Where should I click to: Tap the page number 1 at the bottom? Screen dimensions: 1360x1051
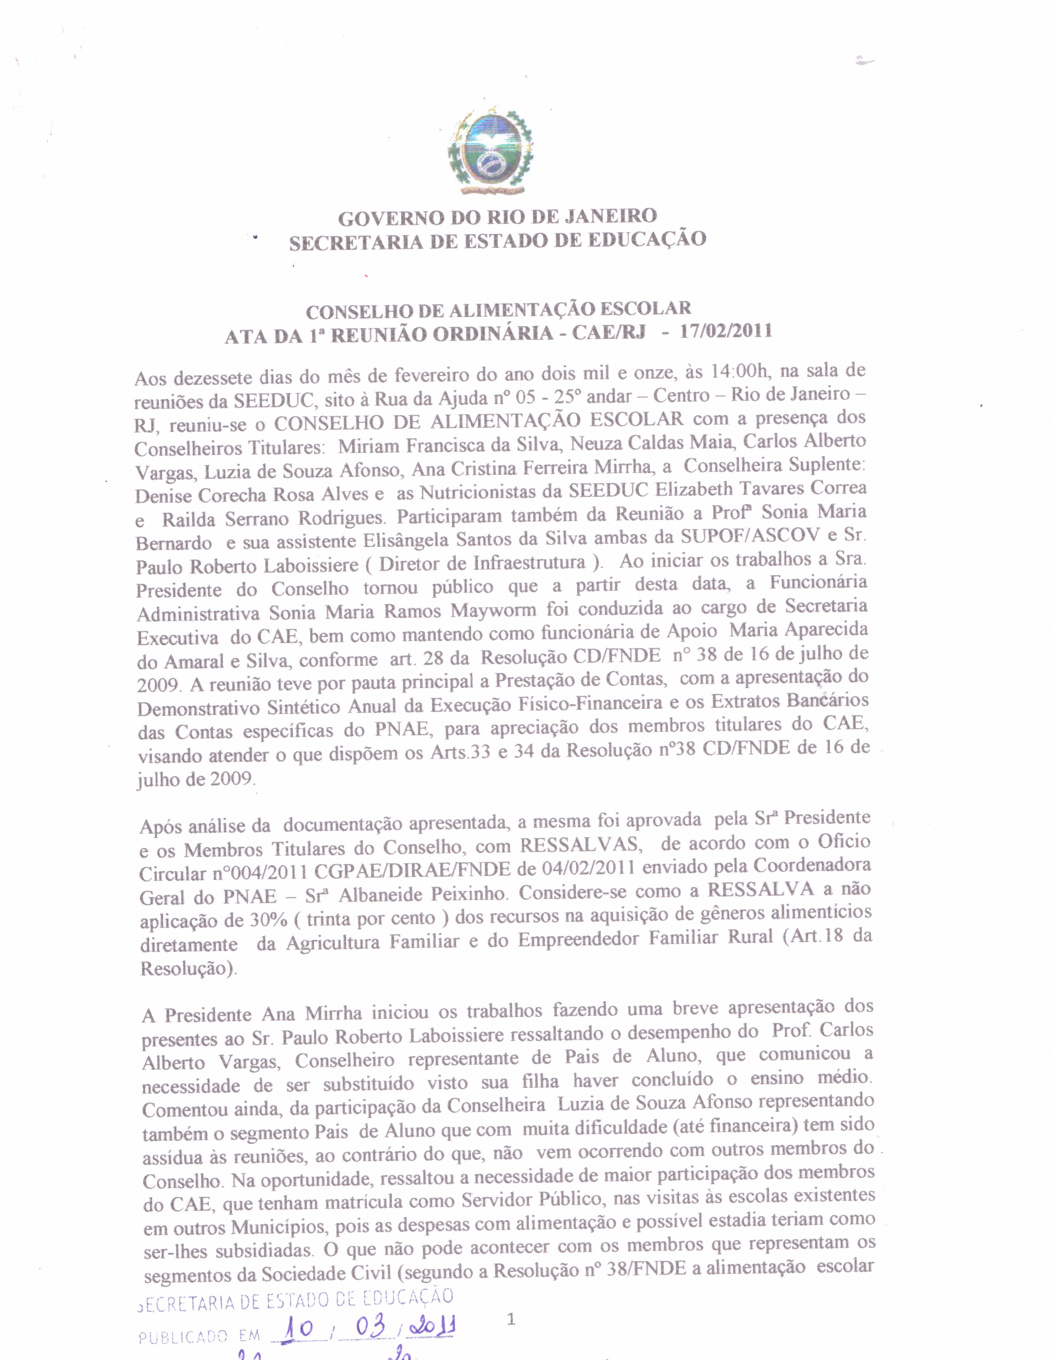[511, 1319]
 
